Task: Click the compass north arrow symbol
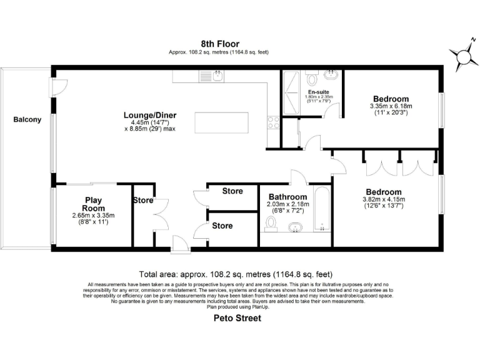tap(464, 57)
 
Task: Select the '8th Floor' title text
tap(216, 43)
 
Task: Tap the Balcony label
tap(27, 119)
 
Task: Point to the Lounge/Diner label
tap(149, 115)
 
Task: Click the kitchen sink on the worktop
tap(207, 76)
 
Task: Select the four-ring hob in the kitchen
tap(272, 122)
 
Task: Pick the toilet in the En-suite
tap(313, 79)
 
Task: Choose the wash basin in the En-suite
tap(332, 76)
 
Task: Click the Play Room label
tap(93, 204)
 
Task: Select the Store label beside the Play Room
tap(142, 201)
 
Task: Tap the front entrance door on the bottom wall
tap(180, 244)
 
